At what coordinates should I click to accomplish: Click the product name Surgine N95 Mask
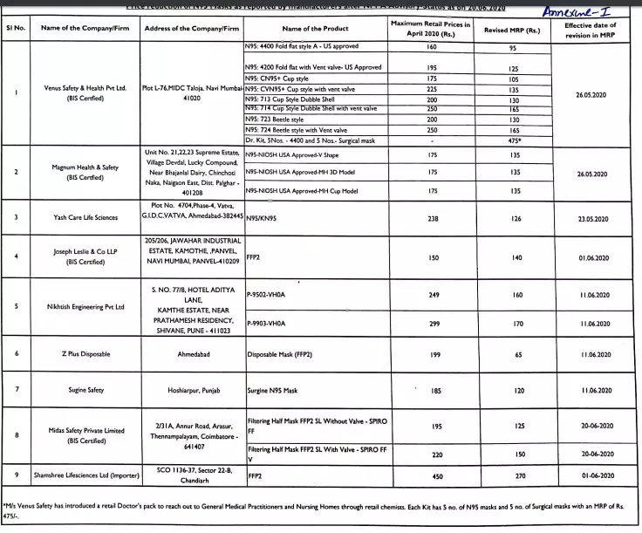[272, 390]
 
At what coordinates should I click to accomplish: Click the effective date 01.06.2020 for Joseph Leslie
[591, 258]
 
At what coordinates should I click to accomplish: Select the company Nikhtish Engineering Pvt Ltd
[85, 307]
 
